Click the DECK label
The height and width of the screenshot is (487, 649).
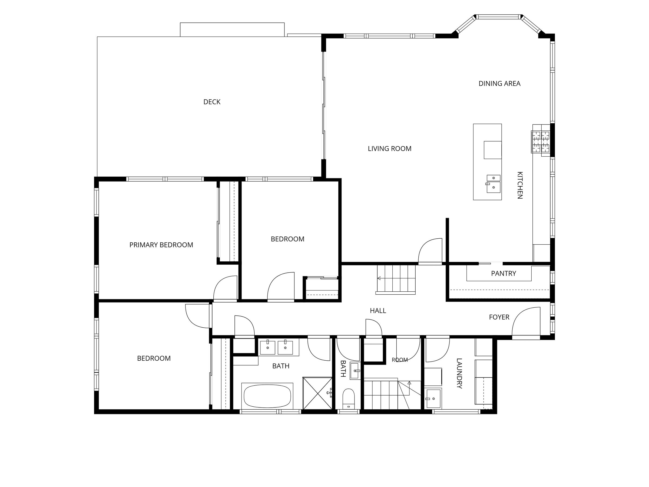(x=212, y=102)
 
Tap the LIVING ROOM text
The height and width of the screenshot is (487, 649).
(x=390, y=149)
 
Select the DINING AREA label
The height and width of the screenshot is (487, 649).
(x=499, y=84)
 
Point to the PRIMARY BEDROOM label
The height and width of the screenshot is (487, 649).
(x=161, y=245)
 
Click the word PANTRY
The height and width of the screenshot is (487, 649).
(x=504, y=274)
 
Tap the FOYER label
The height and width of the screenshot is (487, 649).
(x=499, y=317)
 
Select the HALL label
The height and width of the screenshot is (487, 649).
(x=378, y=311)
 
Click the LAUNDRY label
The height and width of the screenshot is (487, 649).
(x=459, y=373)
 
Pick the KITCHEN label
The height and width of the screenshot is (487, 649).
(x=520, y=185)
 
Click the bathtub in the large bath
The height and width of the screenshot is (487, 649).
(x=267, y=396)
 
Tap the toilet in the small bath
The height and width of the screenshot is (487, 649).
(x=349, y=398)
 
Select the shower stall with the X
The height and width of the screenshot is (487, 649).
(x=317, y=393)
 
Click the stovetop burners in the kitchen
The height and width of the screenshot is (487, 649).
(x=541, y=142)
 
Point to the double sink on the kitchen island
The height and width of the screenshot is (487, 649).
(x=494, y=184)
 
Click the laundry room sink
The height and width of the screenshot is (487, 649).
(x=434, y=398)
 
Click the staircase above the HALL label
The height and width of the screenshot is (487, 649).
(x=396, y=279)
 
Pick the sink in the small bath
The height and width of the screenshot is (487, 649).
(x=355, y=371)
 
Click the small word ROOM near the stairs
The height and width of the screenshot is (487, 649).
(x=400, y=360)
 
